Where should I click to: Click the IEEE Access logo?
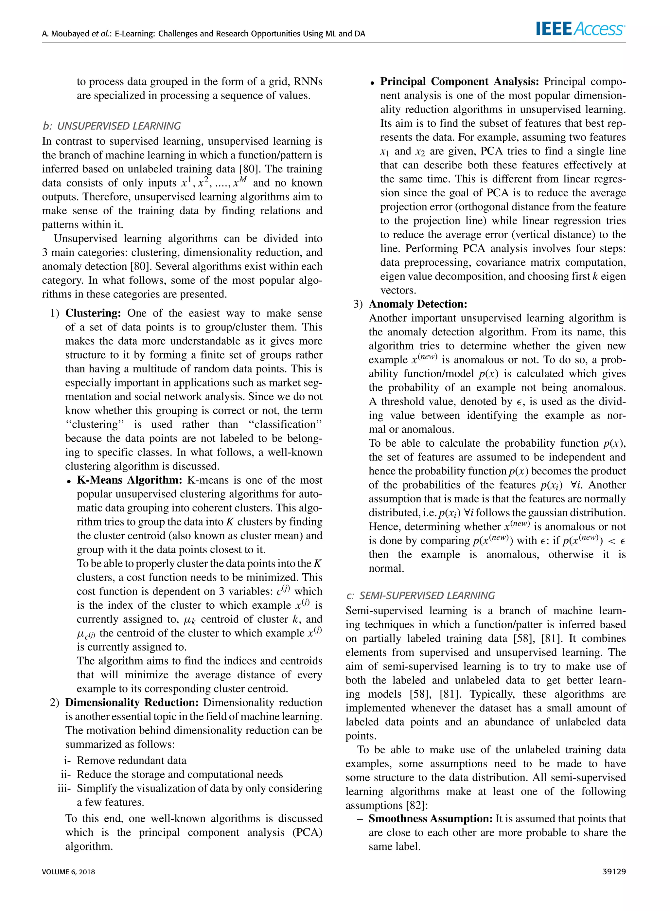pyautogui.click(x=580, y=29)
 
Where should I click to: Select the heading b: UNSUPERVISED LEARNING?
pyautogui.click(x=112, y=126)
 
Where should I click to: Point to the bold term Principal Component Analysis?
pyautogui.click(x=459, y=82)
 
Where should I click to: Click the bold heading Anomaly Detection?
pyautogui.click(x=418, y=304)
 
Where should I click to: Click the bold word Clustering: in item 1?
pyautogui.click(x=93, y=313)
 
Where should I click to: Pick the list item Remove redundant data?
pyautogui.click(x=132, y=760)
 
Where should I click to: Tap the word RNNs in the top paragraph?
pyautogui.click(x=308, y=82)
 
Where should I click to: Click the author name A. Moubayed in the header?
pyautogui.click(x=65, y=34)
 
